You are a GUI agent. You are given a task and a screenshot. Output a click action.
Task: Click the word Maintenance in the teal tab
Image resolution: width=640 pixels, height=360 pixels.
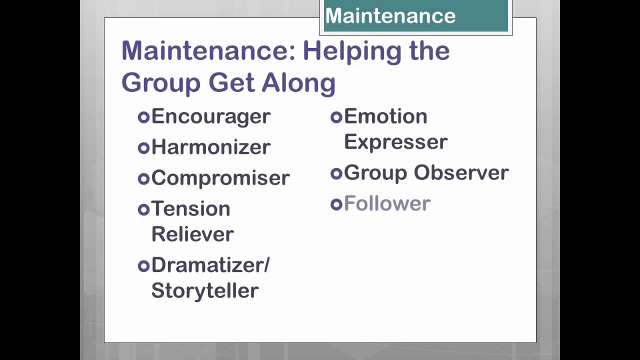390,16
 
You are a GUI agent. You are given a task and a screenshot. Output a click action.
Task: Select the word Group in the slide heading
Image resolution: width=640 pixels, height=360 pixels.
160,82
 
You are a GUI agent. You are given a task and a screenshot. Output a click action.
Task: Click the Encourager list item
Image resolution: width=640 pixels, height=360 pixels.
210,116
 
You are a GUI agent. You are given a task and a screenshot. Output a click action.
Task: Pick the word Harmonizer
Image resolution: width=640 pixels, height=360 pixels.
210,147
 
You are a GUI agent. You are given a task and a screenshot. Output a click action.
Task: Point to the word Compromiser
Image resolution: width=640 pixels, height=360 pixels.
220,178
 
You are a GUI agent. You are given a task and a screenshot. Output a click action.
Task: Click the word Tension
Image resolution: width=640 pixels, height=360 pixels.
190,208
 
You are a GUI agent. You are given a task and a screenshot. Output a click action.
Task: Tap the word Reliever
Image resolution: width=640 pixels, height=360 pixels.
192,234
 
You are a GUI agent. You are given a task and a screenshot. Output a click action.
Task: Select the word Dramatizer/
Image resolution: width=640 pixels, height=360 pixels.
210,265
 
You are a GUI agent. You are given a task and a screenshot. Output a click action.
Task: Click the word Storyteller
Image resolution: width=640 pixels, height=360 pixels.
205,290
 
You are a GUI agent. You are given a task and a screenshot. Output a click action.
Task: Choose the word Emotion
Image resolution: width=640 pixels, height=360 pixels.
385,116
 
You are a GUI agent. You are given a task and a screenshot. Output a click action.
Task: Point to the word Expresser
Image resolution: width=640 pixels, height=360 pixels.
395,142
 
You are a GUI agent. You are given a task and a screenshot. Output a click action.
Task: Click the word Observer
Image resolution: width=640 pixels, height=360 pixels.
461,173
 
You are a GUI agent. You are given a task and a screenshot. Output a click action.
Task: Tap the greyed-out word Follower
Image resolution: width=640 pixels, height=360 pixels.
387,204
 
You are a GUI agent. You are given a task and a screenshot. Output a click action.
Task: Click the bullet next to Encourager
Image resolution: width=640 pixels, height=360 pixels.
143,117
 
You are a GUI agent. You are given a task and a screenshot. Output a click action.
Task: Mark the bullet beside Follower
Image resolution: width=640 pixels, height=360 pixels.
336,204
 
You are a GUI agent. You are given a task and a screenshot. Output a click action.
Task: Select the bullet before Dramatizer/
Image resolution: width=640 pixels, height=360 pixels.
143,265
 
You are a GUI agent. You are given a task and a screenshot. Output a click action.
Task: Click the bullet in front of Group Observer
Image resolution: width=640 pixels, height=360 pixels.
336,173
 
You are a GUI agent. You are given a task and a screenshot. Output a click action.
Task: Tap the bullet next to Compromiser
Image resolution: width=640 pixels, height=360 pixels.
143,178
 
